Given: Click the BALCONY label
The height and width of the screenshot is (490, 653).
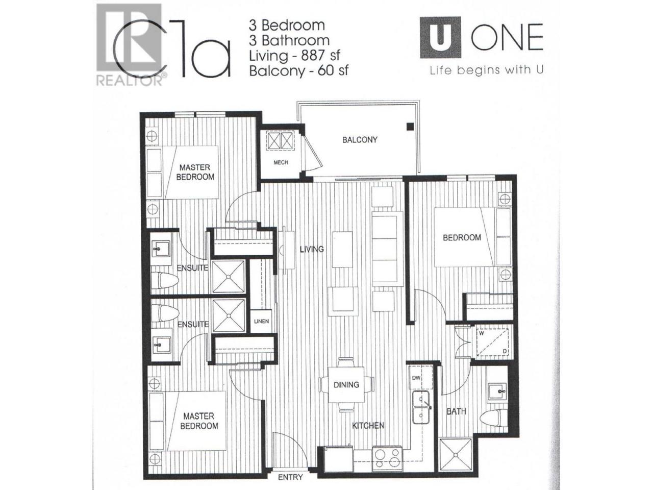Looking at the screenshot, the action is click(x=359, y=139).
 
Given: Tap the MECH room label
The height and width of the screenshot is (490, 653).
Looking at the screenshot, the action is click(x=281, y=162).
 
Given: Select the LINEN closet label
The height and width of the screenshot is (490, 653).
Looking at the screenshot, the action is click(x=262, y=322).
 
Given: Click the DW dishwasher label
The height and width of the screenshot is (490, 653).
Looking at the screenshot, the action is click(x=416, y=378).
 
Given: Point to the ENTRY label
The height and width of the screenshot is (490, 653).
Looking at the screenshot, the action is click(x=290, y=477).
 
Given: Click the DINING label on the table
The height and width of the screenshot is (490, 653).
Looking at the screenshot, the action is click(x=346, y=385).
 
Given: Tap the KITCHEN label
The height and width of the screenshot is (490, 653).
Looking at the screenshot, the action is click(x=368, y=426).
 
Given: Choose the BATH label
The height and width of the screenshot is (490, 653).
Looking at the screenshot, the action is click(x=457, y=411).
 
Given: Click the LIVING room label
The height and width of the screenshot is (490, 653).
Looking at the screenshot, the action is click(x=312, y=249).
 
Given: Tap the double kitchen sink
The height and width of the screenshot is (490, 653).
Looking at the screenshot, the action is click(x=421, y=407).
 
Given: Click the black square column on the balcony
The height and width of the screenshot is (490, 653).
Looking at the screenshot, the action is click(x=410, y=127).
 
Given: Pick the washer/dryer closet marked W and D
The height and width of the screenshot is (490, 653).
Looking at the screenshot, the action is click(x=492, y=342).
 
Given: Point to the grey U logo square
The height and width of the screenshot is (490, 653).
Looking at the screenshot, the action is click(x=440, y=37).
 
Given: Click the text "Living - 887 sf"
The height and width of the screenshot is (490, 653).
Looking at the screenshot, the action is click(x=294, y=56).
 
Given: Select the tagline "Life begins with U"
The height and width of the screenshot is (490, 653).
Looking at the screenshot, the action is click(x=487, y=70).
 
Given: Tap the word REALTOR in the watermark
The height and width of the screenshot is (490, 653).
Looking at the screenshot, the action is click(x=130, y=80).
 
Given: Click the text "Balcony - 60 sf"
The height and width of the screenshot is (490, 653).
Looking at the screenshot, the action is click(x=298, y=71).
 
